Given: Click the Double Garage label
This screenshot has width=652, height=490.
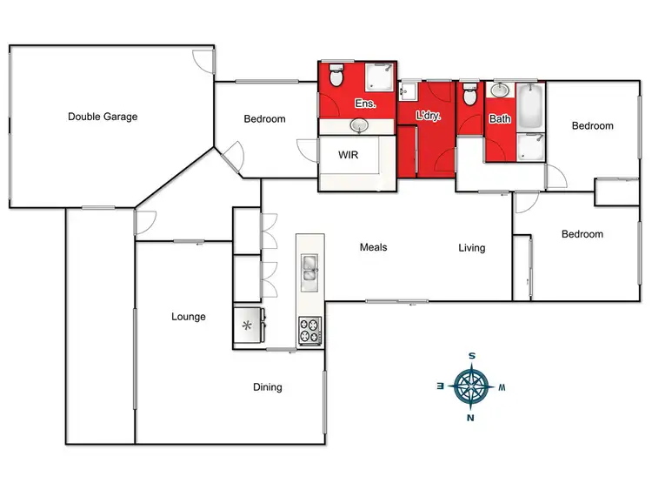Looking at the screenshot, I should [x=103, y=116].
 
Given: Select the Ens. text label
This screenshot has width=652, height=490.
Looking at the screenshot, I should [x=363, y=104].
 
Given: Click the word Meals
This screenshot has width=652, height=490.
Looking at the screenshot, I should [x=373, y=247].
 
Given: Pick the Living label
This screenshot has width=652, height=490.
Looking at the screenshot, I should [x=472, y=248].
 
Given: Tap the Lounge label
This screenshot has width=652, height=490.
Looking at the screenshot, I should [x=189, y=317].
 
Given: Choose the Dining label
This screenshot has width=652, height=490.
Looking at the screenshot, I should [x=267, y=387].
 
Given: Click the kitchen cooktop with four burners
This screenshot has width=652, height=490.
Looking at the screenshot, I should [x=309, y=331].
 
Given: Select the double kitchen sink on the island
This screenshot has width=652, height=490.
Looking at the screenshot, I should [x=309, y=269].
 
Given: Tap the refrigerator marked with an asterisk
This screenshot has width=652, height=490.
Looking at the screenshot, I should [x=248, y=327].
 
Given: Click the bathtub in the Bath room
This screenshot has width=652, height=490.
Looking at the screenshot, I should [x=530, y=106].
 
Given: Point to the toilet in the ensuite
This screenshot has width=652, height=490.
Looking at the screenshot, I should [x=337, y=77].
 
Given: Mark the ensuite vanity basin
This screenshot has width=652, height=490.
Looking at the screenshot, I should [x=358, y=127].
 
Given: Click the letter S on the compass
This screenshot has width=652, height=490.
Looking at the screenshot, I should [x=471, y=355].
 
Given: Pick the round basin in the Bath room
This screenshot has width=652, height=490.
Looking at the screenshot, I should [x=501, y=90].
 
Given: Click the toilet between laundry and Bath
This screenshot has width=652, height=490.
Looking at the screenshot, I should [x=469, y=94].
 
